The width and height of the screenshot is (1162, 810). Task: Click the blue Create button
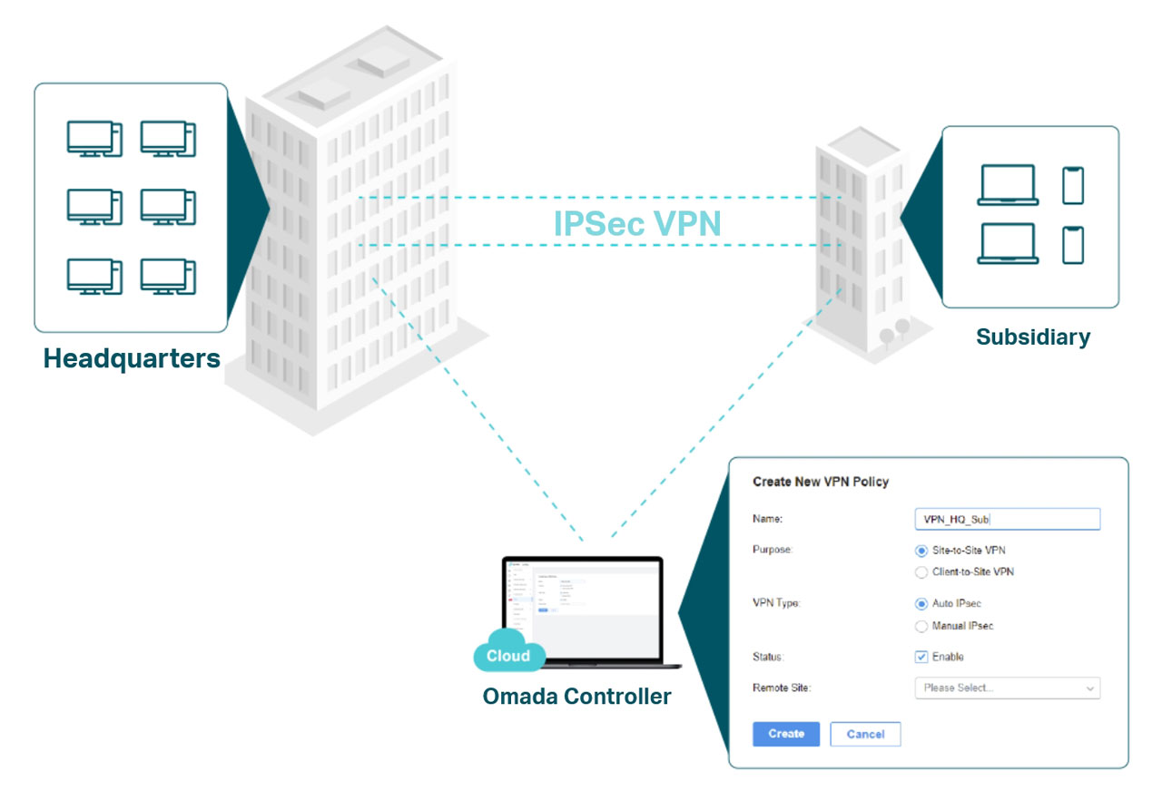pyautogui.click(x=786, y=734)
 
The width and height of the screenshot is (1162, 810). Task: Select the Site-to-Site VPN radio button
pyautogui.click(x=922, y=551)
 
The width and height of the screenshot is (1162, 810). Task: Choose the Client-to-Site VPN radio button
pyautogui.click(x=922, y=572)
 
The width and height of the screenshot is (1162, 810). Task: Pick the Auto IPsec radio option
pyautogui.click(x=922, y=603)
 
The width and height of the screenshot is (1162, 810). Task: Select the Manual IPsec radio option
pyautogui.click(x=922, y=626)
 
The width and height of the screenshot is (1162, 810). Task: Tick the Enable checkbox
pyautogui.click(x=922, y=657)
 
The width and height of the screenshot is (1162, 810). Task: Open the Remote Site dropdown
pyautogui.click(x=1007, y=688)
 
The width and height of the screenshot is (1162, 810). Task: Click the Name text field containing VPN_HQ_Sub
pyautogui.click(x=1007, y=519)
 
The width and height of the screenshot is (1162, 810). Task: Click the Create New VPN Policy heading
pyautogui.click(x=821, y=482)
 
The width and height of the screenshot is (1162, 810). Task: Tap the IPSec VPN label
pyautogui.click(x=637, y=223)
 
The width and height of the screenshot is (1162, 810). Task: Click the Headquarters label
pyautogui.click(x=132, y=358)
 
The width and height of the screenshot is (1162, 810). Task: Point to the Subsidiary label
pyautogui.click(x=1033, y=337)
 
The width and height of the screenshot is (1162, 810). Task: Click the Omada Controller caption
pyautogui.click(x=577, y=697)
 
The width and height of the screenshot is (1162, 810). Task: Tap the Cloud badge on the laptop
pyautogui.click(x=508, y=656)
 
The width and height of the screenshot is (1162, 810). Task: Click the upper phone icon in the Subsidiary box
pyautogui.click(x=1073, y=185)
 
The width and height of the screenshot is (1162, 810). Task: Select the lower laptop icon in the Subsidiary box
pyautogui.click(x=1008, y=244)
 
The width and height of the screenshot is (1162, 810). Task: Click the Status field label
pyautogui.click(x=768, y=657)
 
